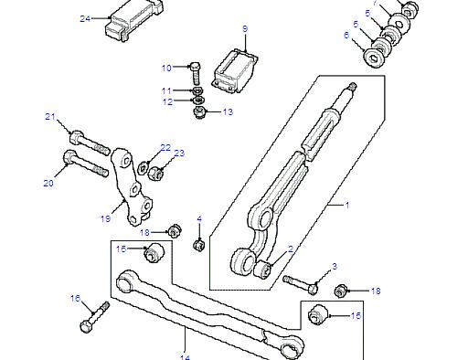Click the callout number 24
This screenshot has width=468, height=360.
tap(85, 18)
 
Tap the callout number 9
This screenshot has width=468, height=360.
tap(244, 29)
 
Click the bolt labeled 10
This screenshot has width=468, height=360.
tap(195, 69)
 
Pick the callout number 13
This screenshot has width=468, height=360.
tap(228, 111)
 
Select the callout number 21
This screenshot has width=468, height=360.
tap(51, 117)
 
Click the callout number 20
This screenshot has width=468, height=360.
tap(48, 183)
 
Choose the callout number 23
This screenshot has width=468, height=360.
tap(179, 153)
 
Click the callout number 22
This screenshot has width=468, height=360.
tap(165, 147)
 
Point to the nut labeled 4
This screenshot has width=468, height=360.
tap(198, 244)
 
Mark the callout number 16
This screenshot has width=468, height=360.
tap(76, 298)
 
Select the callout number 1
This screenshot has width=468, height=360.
tap(346, 205)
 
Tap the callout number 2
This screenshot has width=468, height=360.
tap(291, 249)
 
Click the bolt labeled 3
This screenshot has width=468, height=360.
tap(298, 280)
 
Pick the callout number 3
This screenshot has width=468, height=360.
tap(335, 266)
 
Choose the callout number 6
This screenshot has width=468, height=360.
tap(346, 35)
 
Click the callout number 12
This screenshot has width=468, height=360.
tap(167, 101)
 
